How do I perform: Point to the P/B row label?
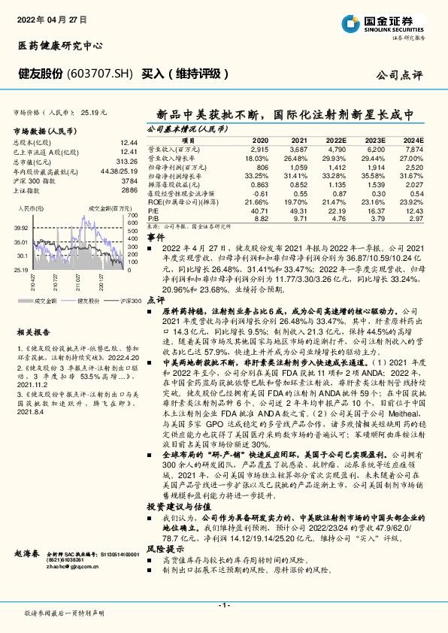(153, 218)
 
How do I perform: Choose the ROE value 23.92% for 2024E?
(413, 203)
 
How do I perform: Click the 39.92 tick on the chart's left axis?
(20, 227)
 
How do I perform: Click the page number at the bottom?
(223, 604)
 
